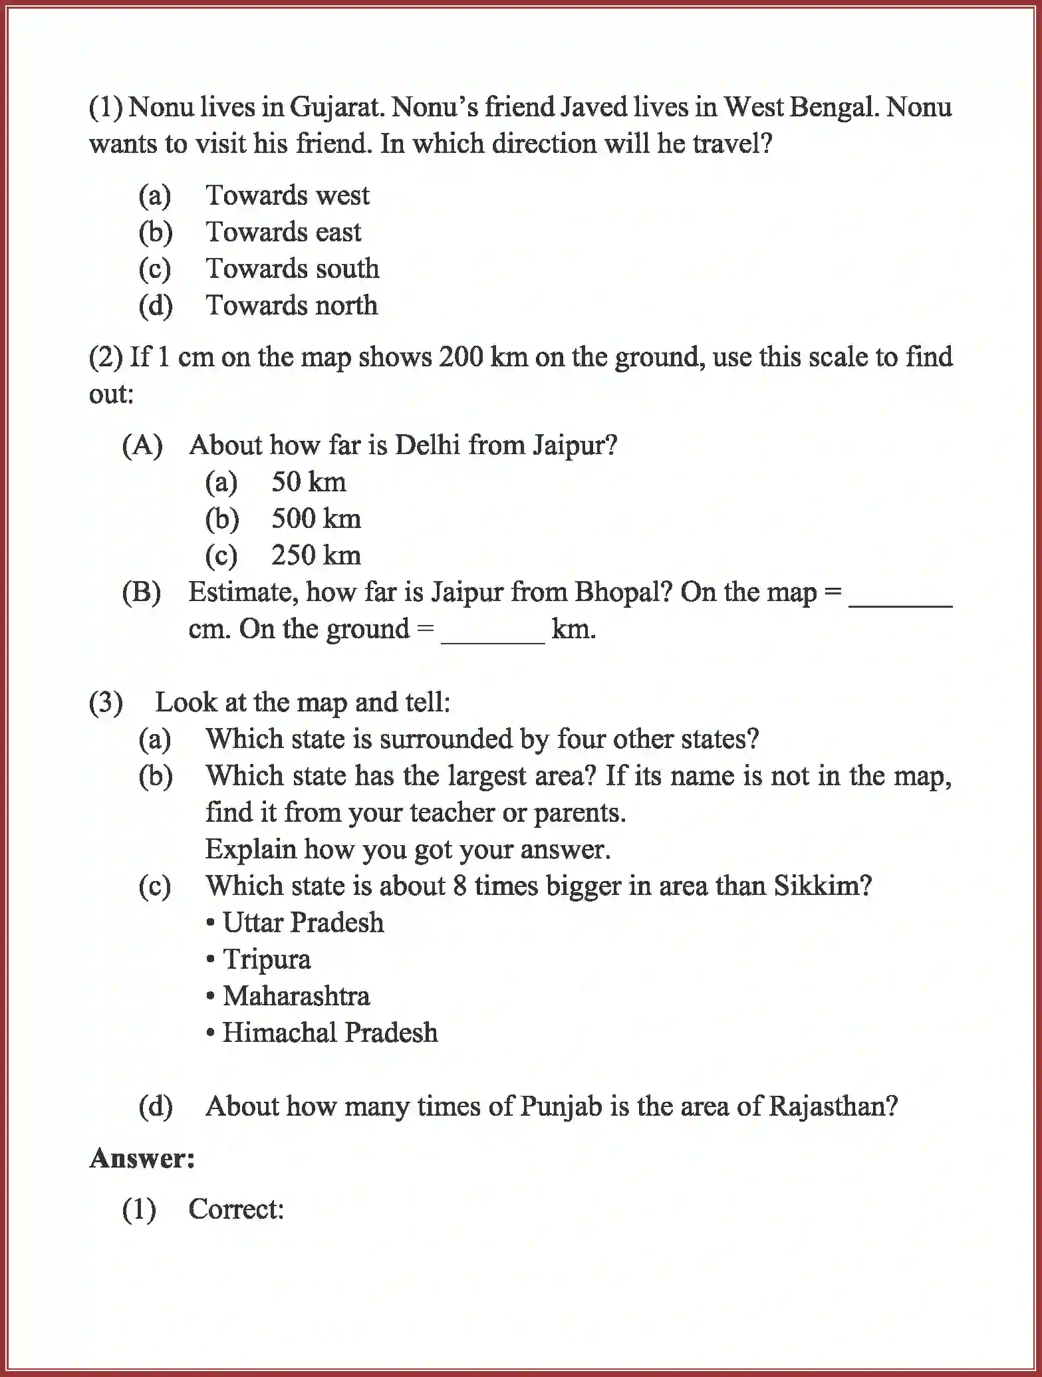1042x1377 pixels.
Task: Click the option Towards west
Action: pyautogui.click(x=287, y=195)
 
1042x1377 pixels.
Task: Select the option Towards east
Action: pyautogui.click(x=283, y=232)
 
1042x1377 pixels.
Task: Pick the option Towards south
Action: pyautogui.click(x=292, y=269)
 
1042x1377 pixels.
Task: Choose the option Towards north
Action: pyautogui.click(x=291, y=306)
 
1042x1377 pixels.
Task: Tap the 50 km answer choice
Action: pyautogui.click(x=308, y=482)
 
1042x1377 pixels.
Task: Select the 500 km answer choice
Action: pyautogui.click(x=315, y=519)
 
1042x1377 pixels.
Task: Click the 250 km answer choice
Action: pyautogui.click(x=315, y=555)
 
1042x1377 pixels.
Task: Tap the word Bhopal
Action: pyautogui.click(x=616, y=592)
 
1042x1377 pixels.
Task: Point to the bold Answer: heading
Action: pyautogui.click(x=142, y=1158)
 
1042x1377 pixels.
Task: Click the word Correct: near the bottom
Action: pyautogui.click(x=236, y=1209)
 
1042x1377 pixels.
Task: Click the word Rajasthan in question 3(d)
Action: pyautogui.click(x=832, y=1106)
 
